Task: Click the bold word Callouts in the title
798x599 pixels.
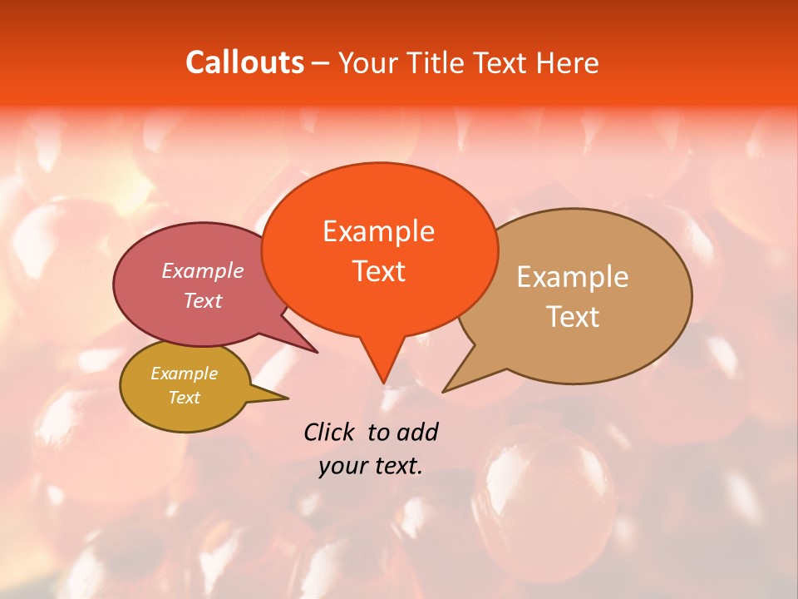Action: pyautogui.click(x=244, y=62)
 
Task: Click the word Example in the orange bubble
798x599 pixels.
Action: pyautogui.click(x=378, y=231)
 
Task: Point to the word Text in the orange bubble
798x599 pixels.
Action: pyautogui.click(x=378, y=271)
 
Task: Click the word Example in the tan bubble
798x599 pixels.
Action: pyautogui.click(x=573, y=277)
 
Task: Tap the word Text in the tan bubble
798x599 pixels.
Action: pyautogui.click(x=573, y=317)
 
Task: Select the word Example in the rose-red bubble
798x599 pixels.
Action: pyautogui.click(x=203, y=271)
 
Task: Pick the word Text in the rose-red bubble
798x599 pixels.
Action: pyautogui.click(x=203, y=300)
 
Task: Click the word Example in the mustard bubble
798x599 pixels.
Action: pyautogui.click(x=184, y=374)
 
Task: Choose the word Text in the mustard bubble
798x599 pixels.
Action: pyautogui.click(x=184, y=398)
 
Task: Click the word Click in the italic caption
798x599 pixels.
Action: pyautogui.click(x=330, y=432)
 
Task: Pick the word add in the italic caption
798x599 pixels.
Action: pyautogui.click(x=417, y=432)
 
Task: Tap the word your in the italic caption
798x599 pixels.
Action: pyautogui.click(x=342, y=466)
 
